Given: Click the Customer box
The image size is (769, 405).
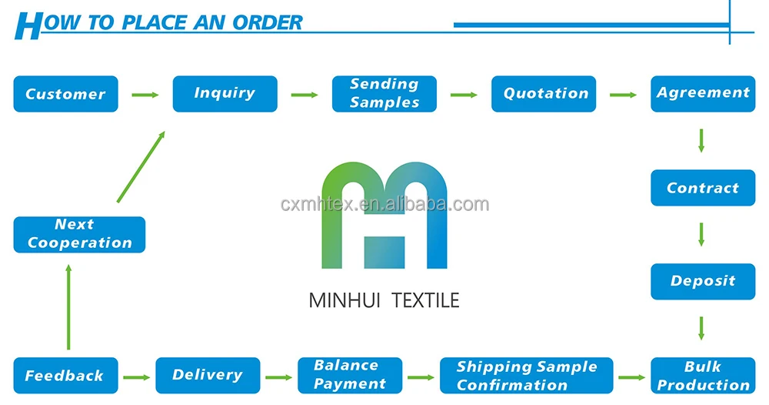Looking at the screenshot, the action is pos(65,94).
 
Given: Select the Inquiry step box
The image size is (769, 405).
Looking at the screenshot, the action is pos(225,93).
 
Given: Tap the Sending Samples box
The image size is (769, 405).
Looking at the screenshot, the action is pos(384,93).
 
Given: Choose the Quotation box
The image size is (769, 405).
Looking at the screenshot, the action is pos(544,94).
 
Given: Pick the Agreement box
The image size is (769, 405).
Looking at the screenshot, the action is pos(703,93).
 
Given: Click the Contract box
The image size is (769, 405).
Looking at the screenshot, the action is pos(703,188).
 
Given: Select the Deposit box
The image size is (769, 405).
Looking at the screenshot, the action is pos(703,281).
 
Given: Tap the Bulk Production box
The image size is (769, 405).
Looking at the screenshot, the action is pos(703,376).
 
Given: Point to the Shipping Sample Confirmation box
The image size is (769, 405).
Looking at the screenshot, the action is pos(527,376).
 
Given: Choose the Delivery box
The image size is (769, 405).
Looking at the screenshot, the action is pos(207,375).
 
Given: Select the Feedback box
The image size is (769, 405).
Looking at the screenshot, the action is pos(65,376).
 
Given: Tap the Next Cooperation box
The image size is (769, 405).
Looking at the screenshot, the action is pos(79,234).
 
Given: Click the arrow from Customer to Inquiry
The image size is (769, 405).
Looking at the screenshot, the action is pos(145,95).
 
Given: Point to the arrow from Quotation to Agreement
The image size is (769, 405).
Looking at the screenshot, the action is pos(624,95).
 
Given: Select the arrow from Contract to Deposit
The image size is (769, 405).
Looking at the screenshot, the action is pos(701,233).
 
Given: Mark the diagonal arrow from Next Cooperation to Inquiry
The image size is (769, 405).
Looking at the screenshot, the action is pos(141,166).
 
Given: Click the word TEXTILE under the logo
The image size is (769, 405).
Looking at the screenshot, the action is pos(425,300).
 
